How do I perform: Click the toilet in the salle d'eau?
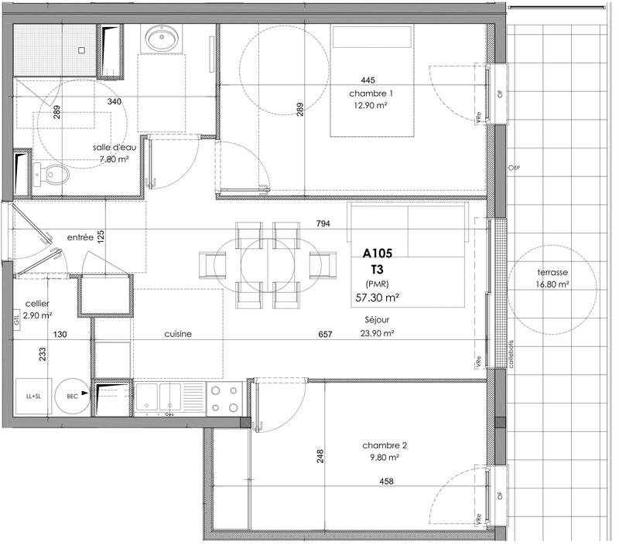pos(50,173)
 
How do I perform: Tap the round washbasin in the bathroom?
pos(162,39)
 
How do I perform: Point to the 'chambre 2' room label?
pos(385,446)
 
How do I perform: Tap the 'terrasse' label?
pos(552,273)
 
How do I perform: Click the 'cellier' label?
pos(38,304)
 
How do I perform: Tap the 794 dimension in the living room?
pos(323,225)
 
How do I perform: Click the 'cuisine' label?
pos(178,334)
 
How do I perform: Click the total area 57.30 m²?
pos(377,296)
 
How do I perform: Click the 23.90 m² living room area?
pos(377,334)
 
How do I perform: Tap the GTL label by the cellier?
pos(16,318)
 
